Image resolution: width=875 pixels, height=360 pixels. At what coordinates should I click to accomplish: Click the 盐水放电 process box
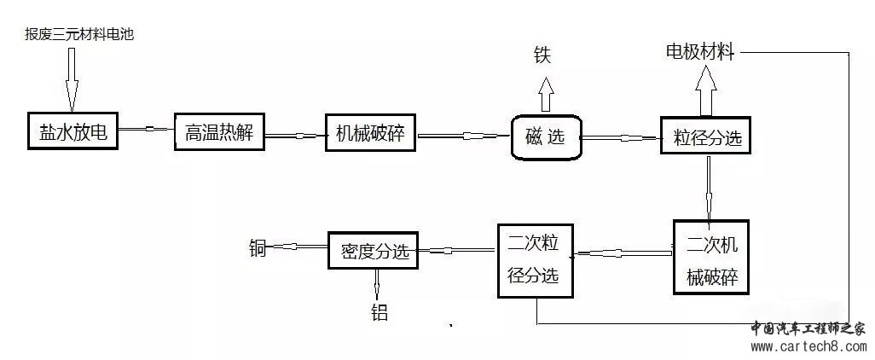72,132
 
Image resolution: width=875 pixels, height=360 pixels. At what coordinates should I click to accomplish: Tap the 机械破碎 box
370,133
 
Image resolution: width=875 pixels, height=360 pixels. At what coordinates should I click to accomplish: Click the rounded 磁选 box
546,136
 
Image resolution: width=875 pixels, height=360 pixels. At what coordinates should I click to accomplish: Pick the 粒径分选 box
706,134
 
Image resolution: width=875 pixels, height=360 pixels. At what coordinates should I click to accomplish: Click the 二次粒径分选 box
536,260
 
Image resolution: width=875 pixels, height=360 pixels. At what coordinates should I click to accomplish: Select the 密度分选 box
374,250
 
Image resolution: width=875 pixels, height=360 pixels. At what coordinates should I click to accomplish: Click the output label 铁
542,56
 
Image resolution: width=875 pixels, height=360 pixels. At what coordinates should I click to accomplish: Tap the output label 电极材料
699,52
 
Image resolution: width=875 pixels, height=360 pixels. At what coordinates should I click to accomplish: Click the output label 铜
258,249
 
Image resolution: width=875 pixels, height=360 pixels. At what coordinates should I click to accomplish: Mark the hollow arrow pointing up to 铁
544,89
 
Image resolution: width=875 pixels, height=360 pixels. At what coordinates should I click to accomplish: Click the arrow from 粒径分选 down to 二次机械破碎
708,187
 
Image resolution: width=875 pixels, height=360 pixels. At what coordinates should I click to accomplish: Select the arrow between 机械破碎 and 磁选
463,134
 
